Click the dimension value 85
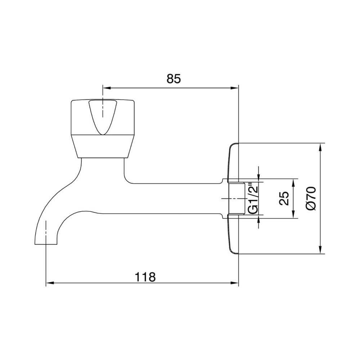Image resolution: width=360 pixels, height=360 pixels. (x=174, y=79)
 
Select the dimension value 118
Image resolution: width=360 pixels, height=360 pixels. (x=145, y=277)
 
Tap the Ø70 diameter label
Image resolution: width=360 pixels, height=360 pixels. (x=311, y=198)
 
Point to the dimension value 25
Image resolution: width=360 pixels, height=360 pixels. (x=284, y=198)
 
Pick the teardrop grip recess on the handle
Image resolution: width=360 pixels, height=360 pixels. (x=103, y=117)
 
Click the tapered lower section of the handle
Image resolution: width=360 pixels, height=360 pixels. (x=102, y=146)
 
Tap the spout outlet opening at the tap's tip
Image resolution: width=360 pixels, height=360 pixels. (x=46, y=244)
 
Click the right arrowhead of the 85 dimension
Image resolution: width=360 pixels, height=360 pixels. (x=234, y=88)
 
